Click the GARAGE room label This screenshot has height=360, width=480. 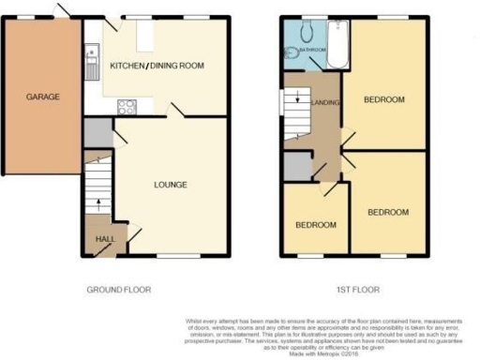click(x=43, y=97)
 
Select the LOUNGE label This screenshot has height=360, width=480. click(x=172, y=184)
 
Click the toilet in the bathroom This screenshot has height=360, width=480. click(x=292, y=54)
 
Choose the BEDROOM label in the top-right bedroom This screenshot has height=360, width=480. click(x=383, y=99)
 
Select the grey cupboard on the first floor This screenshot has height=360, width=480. click(x=297, y=167)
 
